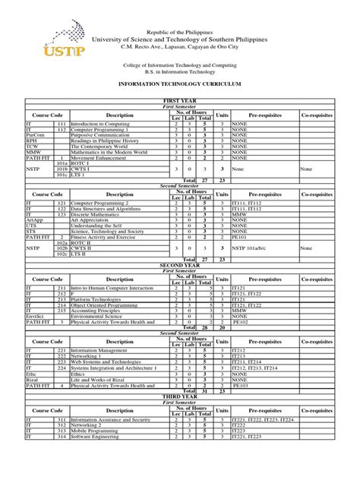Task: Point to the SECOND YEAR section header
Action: [x=179, y=264]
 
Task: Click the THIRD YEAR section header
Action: [x=179, y=396]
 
